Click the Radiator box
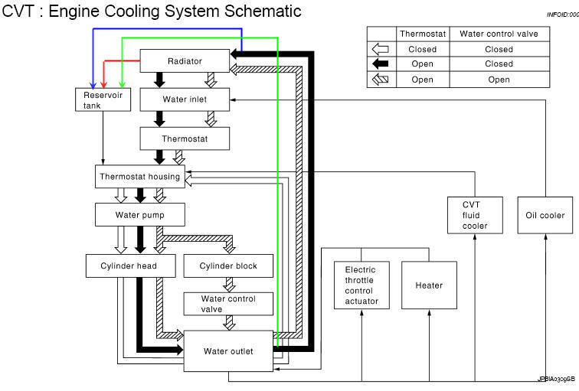185,60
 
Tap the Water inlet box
185,99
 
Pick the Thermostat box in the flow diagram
185,138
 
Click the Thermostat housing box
140,177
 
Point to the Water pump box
140,215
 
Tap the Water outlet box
228,351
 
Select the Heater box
429,285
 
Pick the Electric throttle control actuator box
362,285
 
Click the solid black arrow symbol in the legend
381,64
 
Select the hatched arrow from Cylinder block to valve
229,285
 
